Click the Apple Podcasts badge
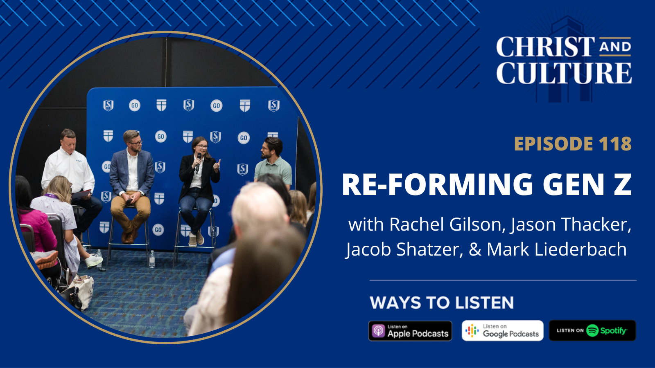coord(410,331)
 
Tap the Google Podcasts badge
coord(502,331)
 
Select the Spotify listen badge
coord(592,331)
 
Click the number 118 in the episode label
coord(615,144)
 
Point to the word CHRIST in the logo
coord(545,47)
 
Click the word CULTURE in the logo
coord(564,73)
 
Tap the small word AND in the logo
coord(615,47)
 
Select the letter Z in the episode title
coord(622,184)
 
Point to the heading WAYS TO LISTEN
coord(441,303)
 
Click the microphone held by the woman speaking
coord(199,162)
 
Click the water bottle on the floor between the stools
coord(152,258)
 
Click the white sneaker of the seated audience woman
coord(95,260)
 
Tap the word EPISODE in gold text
coord(553,144)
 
